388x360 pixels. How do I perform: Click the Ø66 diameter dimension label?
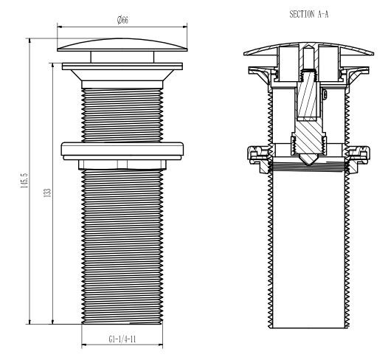pos(122,20)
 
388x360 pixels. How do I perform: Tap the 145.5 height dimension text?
pos(25,181)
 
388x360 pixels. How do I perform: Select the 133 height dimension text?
pos(48,193)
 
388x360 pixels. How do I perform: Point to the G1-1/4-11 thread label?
pos(122,339)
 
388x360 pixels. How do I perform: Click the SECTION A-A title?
pos(309,14)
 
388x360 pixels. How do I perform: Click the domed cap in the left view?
pos(122,45)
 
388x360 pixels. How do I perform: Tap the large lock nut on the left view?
pos(122,150)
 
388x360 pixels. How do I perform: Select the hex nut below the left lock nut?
pos(122,165)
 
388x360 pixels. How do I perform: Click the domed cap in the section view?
pos(309,49)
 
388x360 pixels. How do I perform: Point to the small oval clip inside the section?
pos(325,94)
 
